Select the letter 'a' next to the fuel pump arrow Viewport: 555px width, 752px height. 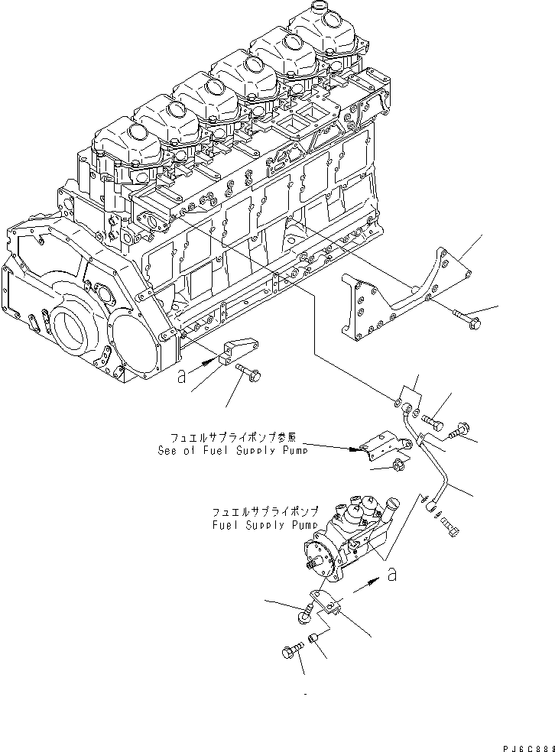[391, 575]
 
